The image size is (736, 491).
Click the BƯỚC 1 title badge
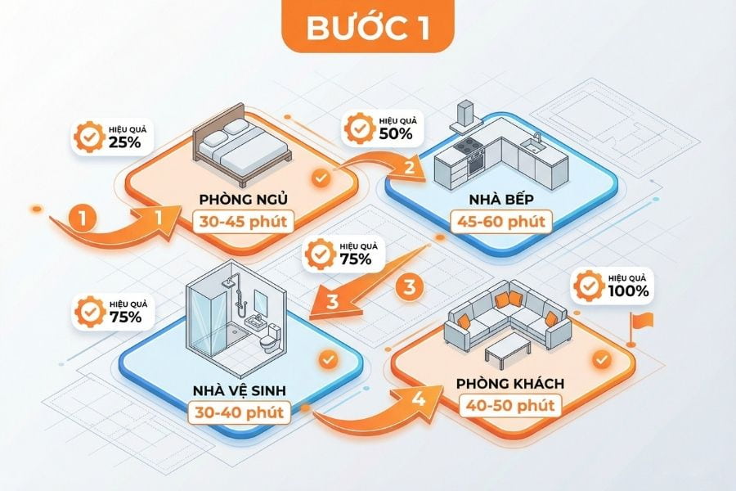point(368,26)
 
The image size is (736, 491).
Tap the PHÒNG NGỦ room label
point(243,199)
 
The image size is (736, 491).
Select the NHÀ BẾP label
point(501,199)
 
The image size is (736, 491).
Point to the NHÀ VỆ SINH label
point(240,390)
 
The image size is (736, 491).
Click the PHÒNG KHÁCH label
point(510,384)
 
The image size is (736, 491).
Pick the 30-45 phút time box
point(243,221)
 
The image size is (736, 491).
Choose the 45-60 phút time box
point(501,221)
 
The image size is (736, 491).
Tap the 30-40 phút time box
point(240,412)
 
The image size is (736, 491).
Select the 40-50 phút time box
point(510,405)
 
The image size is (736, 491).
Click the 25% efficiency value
point(125,142)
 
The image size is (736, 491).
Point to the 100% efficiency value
point(629,291)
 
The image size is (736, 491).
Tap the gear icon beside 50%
point(360,128)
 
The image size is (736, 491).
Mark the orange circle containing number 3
point(410,286)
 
